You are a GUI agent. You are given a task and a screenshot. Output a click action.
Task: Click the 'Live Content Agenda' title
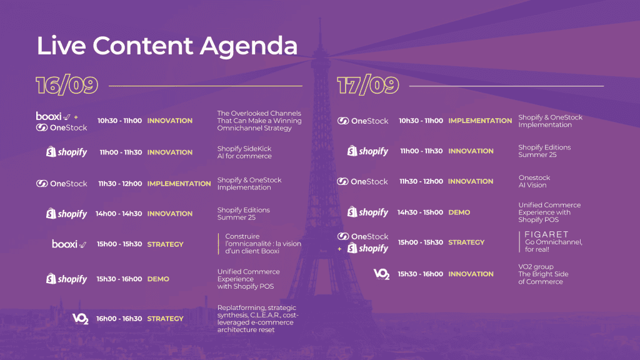[x=167, y=46]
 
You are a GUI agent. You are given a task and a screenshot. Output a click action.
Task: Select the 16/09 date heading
[x=67, y=85]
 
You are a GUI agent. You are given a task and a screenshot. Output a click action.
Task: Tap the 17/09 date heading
[x=367, y=85]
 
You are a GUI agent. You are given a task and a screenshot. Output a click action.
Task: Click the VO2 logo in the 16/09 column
[x=81, y=319]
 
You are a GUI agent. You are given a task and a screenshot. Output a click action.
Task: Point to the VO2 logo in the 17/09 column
[x=382, y=274]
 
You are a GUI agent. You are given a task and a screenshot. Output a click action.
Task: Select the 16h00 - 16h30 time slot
[x=119, y=319]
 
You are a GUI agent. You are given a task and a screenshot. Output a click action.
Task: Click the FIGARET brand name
[x=546, y=234]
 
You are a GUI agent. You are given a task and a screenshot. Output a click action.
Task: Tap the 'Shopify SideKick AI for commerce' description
[x=244, y=152]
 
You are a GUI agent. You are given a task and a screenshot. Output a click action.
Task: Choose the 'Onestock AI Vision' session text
[x=534, y=181]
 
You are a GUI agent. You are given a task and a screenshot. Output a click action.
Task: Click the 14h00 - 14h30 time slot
[x=119, y=214]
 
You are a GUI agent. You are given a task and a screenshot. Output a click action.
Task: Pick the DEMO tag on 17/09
[x=459, y=212]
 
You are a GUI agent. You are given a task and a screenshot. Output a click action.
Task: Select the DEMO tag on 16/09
[x=158, y=279]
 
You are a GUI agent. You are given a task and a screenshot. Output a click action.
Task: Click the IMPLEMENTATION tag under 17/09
[x=480, y=121]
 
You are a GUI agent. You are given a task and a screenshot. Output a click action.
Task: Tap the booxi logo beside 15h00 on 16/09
[x=69, y=244]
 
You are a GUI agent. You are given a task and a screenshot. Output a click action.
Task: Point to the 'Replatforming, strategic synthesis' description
[x=258, y=319]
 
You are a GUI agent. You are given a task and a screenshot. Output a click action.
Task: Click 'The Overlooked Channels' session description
[x=259, y=121]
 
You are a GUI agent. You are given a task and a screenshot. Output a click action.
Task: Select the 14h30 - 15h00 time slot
[x=420, y=212]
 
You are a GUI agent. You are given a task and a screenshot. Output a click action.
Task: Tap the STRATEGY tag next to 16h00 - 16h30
[x=165, y=319]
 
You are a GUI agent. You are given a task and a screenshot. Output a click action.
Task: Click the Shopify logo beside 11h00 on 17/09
[x=367, y=151]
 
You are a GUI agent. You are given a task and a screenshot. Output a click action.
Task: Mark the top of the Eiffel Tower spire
[x=320, y=18]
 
